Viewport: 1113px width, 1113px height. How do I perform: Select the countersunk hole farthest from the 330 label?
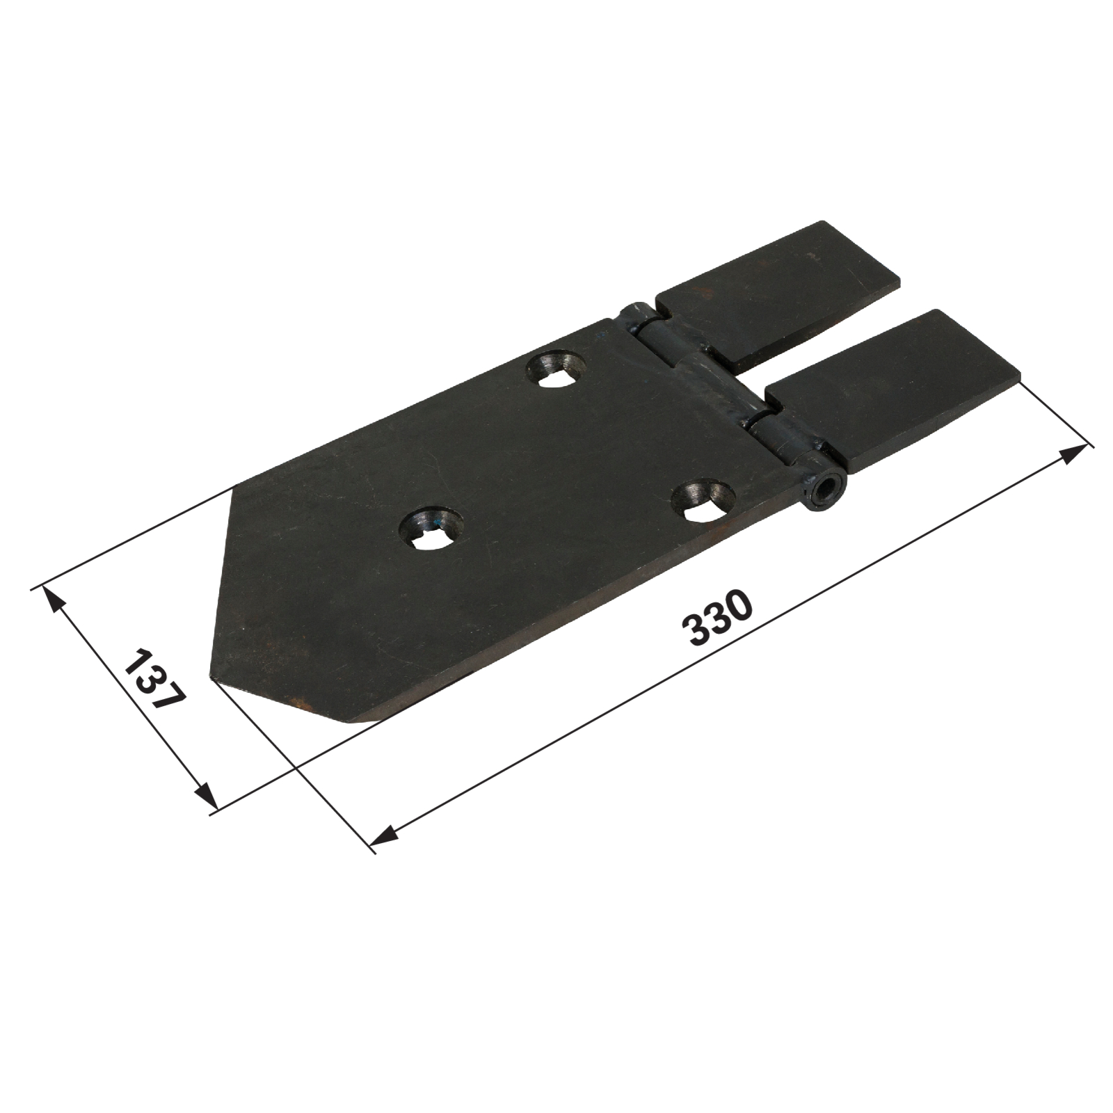coord(556,370)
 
